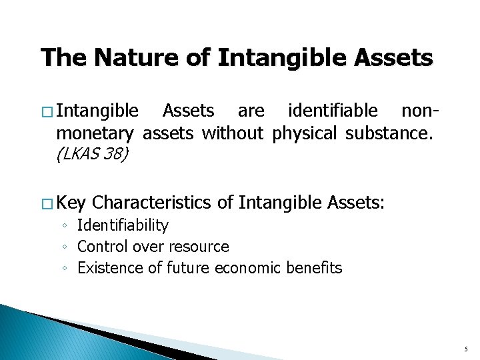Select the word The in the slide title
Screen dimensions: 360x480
tap(65, 58)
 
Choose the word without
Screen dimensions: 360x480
tap(232, 133)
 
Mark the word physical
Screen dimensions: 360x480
tap(304, 133)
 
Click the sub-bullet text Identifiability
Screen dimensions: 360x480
tap(123, 226)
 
